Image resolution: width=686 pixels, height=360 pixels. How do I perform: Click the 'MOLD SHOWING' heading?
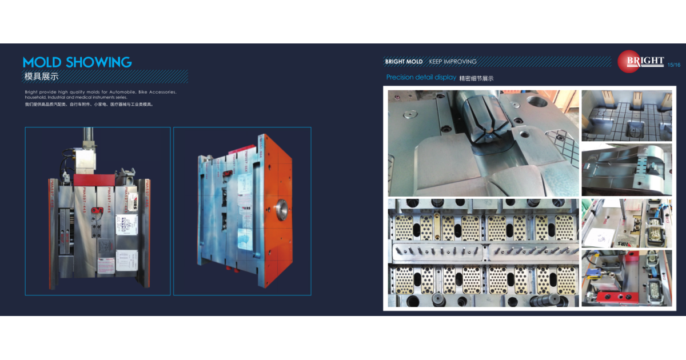pos(77,62)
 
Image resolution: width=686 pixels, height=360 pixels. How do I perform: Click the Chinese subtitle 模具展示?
pos(41,76)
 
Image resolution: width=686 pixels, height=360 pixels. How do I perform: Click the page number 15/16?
pos(674,65)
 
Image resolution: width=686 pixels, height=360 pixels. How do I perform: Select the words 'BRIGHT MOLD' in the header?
pos(404,62)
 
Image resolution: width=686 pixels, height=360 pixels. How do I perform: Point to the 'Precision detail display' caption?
pos(421,77)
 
